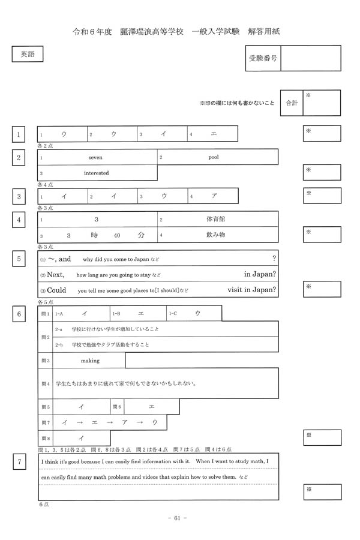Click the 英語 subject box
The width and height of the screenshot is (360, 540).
[x=28, y=54]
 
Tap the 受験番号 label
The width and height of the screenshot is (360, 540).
[x=263, y=59]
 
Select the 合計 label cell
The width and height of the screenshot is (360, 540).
[x=292, y=103]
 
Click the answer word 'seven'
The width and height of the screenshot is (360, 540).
[x=95, y=157]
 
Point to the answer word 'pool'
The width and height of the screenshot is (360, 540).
[x=214, y=157]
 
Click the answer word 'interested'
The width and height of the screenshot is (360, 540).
[x=96, y=173]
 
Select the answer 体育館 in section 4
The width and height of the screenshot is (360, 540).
[x=215, y=219]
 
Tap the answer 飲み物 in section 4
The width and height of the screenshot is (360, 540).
[x=215, y=235]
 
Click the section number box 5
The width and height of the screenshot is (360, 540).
[x=20, y=259]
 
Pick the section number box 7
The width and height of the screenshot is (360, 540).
[x=20, y=461]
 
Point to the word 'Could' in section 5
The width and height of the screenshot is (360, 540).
[x=56, y=290]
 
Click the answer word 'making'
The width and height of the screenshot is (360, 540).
[x=90, y=361]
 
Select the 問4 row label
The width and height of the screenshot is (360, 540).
[x=45, y=383]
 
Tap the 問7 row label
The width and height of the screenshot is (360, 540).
[x=45, y=423]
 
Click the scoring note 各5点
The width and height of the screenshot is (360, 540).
[x=46, y=302]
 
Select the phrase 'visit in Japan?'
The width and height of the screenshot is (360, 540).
[x=252, y=290]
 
